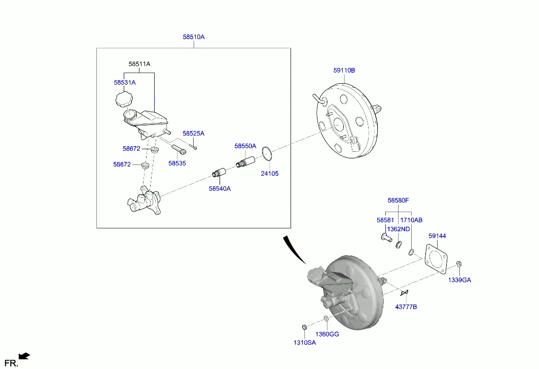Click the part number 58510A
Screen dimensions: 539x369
point(194,37)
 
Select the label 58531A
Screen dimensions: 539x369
point(125,83)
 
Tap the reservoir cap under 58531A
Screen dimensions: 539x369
point(124,99)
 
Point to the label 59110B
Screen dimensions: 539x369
point(344,71)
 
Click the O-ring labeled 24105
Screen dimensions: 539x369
point(267,153)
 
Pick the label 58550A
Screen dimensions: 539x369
point(245,146)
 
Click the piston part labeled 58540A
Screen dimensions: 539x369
point(219,173)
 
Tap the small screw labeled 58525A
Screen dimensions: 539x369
point(194,147)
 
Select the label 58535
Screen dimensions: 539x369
point(177,163)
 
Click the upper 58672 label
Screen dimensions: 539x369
point(131,149)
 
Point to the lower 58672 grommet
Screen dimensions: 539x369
point(146,165)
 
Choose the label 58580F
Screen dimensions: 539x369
point(398,200)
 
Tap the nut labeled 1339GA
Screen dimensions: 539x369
point(458,264)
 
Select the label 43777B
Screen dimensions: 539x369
point(406,307)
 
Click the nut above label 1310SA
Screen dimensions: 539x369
point(304,327)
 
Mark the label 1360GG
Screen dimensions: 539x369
point(327,334)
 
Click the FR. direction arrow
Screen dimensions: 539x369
point(24,356)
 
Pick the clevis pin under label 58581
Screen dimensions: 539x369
point(387,238)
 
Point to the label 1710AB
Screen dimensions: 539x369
point(411,220)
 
